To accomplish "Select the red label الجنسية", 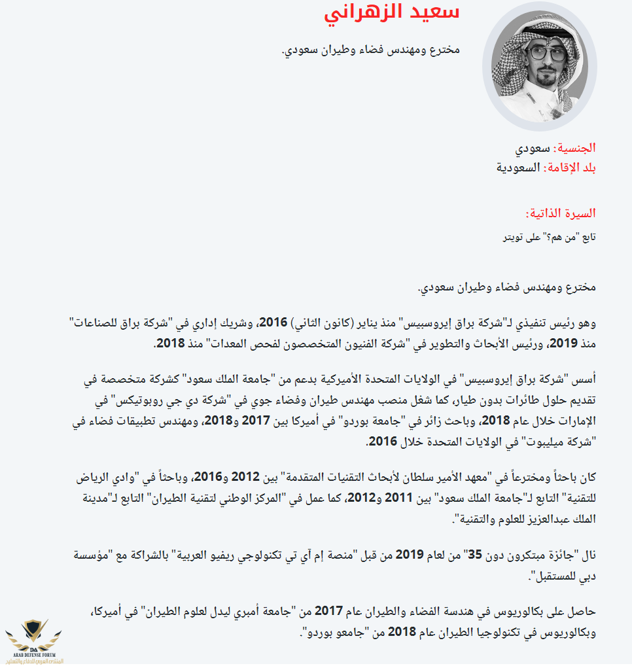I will pyautogui.click(x=575, y=148).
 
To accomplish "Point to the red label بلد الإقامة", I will pyautogui.click(x=571, y=167).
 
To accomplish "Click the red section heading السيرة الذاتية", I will pyautogui.click(x=561, y=214).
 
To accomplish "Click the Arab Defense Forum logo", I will pyautogui.click(x=35, y=638).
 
